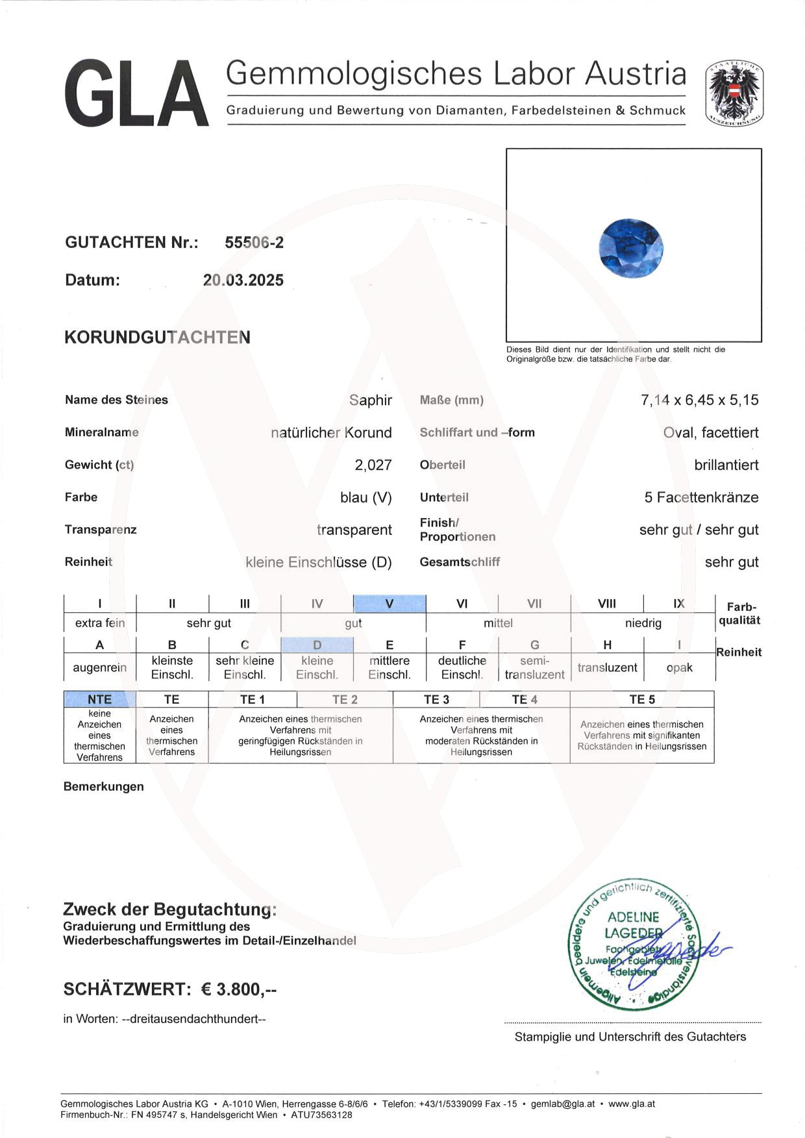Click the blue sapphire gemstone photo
pos(631,248)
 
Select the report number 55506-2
pos(254,243)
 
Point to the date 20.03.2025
pos(243,280)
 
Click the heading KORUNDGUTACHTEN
pos(157,338)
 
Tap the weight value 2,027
pos(373,465)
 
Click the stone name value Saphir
pos(370,400)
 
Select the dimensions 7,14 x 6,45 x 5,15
pos(699,400)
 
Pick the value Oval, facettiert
pos(710,432)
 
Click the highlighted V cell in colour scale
pos(390,604)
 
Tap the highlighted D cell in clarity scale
pos(317,645)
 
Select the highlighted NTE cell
pos(100,699)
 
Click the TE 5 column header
pos(642,699)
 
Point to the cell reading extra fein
pos(100,623)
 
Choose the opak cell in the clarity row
pos(679,667)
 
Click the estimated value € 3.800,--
pos(239,989)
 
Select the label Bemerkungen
pos(104,787)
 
